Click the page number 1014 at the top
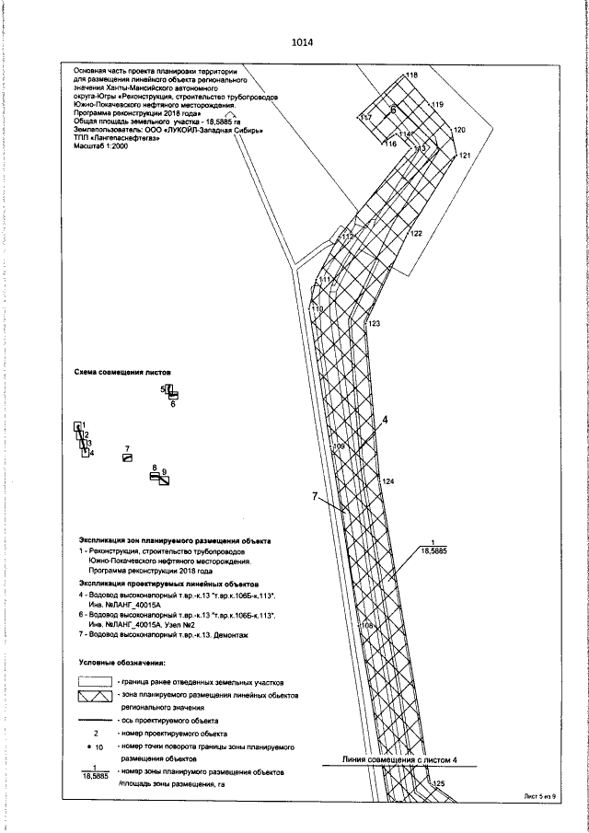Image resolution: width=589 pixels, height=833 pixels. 301,42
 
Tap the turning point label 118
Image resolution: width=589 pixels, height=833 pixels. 411,75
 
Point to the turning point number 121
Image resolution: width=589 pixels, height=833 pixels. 465,156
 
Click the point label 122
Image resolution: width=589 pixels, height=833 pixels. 416,234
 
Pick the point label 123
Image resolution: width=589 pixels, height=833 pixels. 374,324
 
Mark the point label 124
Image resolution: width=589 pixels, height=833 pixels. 387,481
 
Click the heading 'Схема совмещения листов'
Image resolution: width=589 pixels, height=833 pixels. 122,374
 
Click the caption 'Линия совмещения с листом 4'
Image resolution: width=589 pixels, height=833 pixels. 399,761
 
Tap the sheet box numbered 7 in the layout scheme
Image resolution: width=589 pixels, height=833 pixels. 128,457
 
